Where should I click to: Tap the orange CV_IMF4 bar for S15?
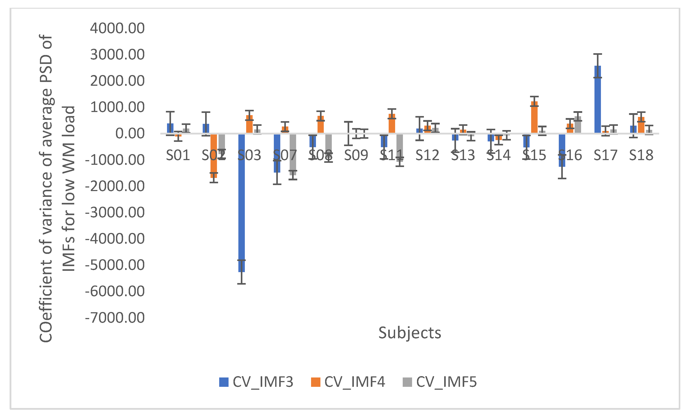(x=534, y=117)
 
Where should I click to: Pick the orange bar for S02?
(x=214, y=156)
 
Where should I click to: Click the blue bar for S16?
(x=562, y=150)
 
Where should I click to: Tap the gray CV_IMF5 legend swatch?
(x=407, y=382)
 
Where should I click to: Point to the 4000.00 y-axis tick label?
(x=117, y=29)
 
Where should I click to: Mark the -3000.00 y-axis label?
(x=115, y=212)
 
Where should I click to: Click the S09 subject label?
(x=356, y=155)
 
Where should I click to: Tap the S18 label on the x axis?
(x=641, y=155)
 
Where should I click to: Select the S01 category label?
(x=178, y=155)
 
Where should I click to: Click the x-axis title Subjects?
(x=410, y=333)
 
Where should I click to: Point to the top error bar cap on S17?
(x=598, y=54)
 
